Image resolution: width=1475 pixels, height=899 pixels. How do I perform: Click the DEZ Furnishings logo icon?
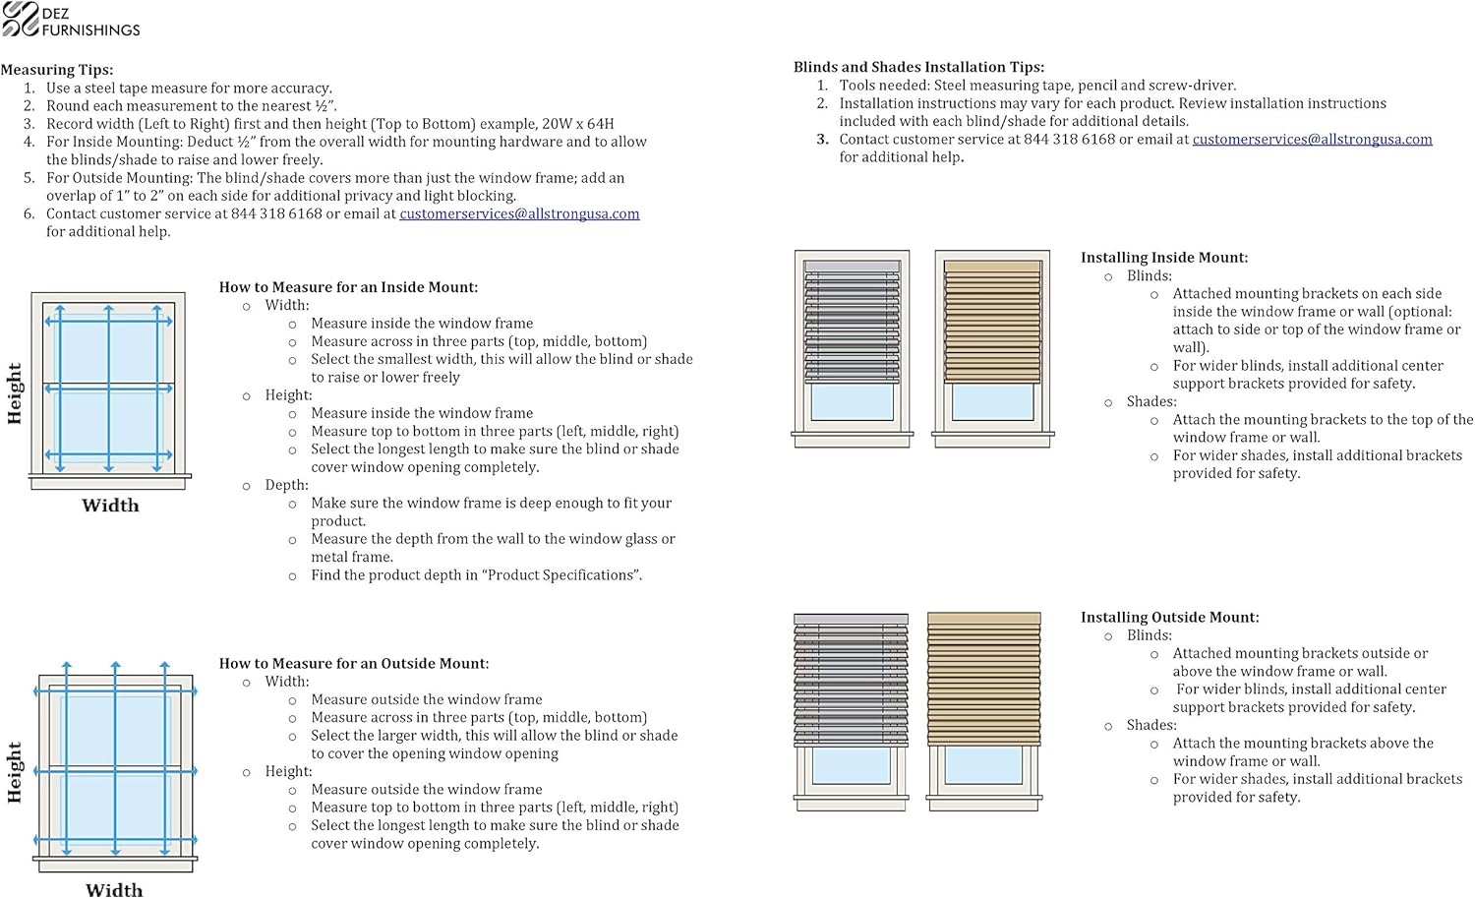coord(20,20)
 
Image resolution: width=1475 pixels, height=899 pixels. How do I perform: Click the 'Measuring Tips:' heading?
coord(57,70)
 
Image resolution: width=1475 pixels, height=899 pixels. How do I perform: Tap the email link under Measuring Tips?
coord(519,213)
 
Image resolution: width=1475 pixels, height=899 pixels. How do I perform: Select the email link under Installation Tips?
coord(1312,140)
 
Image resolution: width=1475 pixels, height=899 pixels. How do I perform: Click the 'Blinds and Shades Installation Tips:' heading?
coord(918,67)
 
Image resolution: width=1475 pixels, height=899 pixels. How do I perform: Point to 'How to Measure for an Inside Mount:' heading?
coord(348,287)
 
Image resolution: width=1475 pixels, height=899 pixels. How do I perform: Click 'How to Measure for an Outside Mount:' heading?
coord(353,664)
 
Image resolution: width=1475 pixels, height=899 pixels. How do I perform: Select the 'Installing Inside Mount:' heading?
coord(1163,258)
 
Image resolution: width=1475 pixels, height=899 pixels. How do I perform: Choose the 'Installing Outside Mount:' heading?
coord(1169,618)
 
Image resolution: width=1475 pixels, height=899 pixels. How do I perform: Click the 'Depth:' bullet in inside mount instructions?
coord(286,485)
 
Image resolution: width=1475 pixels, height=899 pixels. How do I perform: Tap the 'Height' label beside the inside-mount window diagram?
coord(15,393)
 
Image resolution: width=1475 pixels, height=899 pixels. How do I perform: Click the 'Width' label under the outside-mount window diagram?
coord(114,889)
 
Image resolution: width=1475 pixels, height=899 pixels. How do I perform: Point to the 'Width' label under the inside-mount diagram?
coord(110,506)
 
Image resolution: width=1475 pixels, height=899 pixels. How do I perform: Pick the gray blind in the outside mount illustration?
coord(851,679)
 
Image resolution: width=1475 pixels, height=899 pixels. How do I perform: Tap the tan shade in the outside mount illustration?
coord(983,679)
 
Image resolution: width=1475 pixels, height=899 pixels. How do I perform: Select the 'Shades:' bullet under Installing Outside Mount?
coord(1151,725)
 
